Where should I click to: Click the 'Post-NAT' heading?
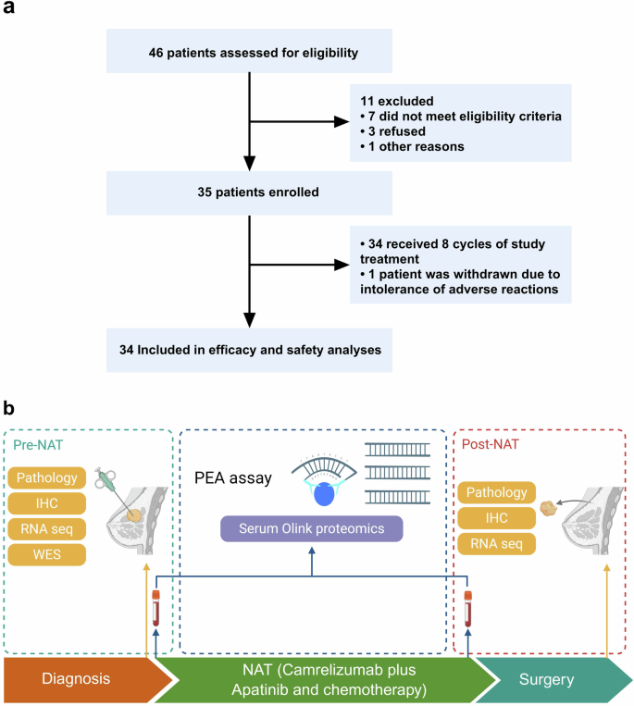[490, 446]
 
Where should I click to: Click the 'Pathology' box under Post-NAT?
[497, 492]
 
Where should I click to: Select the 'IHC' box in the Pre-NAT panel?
[46, 503]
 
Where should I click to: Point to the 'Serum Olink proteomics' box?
[312, 528]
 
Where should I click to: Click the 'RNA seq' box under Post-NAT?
[497, 542]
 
